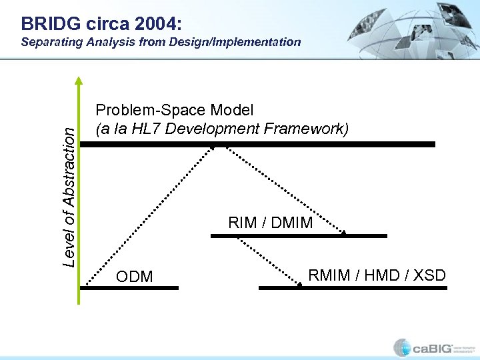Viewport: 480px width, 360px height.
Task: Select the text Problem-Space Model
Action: (x=175, y=109)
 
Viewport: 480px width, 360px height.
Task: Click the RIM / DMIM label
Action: (x=270, y=223)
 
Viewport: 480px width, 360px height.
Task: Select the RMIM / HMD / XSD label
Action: (x=377, y=275)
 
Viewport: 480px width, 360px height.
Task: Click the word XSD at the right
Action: (x=428, y=275)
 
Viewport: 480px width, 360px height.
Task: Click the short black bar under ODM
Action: (x=130, y=288)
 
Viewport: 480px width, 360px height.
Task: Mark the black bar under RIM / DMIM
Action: (x=298, y=235)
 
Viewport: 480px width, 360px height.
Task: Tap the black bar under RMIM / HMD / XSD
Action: (x=347, y=288)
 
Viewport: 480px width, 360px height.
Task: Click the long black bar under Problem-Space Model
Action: (x=257, y=144)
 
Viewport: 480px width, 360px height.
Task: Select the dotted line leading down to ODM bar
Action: (x=157, y=213)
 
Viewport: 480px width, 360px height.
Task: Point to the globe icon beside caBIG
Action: (x=402, y=347)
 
